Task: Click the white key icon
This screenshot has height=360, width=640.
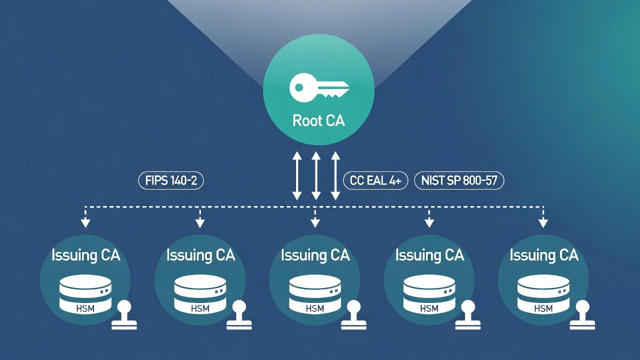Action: coord(318,87)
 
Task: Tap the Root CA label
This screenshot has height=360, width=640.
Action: coord(318,120)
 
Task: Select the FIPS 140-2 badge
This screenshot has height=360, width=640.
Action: coord(171,180)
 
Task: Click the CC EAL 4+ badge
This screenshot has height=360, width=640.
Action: coord(375,180)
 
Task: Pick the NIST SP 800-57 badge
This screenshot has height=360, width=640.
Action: coord(459,180)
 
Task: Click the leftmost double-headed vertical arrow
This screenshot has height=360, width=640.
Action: coord(297,175)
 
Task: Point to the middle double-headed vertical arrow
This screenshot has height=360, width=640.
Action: coord(316,175)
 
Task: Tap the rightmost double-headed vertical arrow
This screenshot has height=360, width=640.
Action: coord(335,175)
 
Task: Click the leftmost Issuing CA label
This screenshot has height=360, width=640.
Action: coord(85,255)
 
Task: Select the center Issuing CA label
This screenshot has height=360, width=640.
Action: coord(315,255)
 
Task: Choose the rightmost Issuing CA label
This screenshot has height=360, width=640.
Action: coord(544,255)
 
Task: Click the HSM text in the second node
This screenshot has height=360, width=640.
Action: coord(200,308)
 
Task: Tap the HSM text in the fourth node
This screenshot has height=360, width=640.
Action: coord(429,308)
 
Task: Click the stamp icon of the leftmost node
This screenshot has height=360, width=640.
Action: coord(124,315)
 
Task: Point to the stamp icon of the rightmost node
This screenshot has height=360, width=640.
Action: coord(582,315)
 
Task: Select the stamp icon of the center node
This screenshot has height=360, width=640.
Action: coord(353,315)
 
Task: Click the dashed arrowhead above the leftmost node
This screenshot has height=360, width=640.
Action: coord(85,223)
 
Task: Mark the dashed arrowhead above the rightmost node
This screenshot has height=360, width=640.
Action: coord(543,223)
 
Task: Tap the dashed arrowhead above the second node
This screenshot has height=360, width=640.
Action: coord(200,223)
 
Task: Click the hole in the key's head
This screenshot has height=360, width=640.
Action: coord(299,87)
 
